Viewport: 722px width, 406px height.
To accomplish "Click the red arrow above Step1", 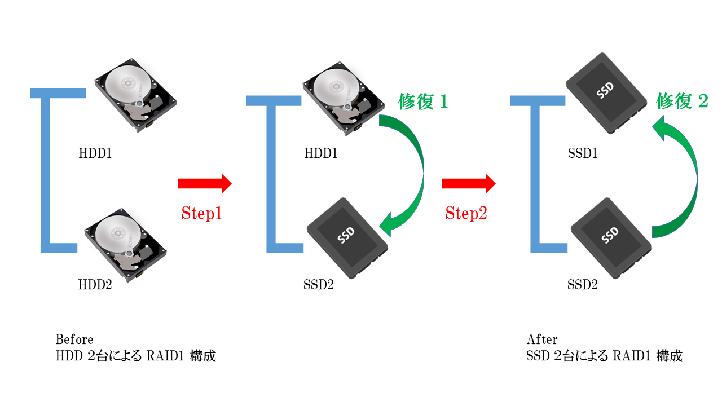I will (204, 183).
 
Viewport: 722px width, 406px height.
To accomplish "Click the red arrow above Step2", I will (468, 183).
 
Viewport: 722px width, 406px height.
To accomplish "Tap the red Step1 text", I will (202, 213).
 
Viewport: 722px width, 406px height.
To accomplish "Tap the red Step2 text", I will (466, 213).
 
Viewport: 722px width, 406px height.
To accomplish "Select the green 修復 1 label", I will (422, 101).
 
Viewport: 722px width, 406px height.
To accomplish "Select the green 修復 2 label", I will (682, 101).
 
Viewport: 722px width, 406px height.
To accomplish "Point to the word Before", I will (74, 339).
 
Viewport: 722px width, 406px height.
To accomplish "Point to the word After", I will (542, 339).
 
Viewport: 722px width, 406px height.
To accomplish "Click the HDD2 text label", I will (95, 285).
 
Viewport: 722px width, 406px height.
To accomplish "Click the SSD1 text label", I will (582, 153).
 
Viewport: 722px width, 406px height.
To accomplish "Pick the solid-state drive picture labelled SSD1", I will (607, 94).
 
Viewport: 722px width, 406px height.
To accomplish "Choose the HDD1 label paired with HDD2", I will (95, 153).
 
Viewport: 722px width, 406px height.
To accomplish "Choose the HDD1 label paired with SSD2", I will (320, 153).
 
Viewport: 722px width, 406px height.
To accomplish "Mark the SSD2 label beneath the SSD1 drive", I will (582, 285).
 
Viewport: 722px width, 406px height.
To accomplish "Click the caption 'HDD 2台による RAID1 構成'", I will (135, 356).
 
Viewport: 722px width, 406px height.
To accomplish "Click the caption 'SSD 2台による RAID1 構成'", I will (604, 356).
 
